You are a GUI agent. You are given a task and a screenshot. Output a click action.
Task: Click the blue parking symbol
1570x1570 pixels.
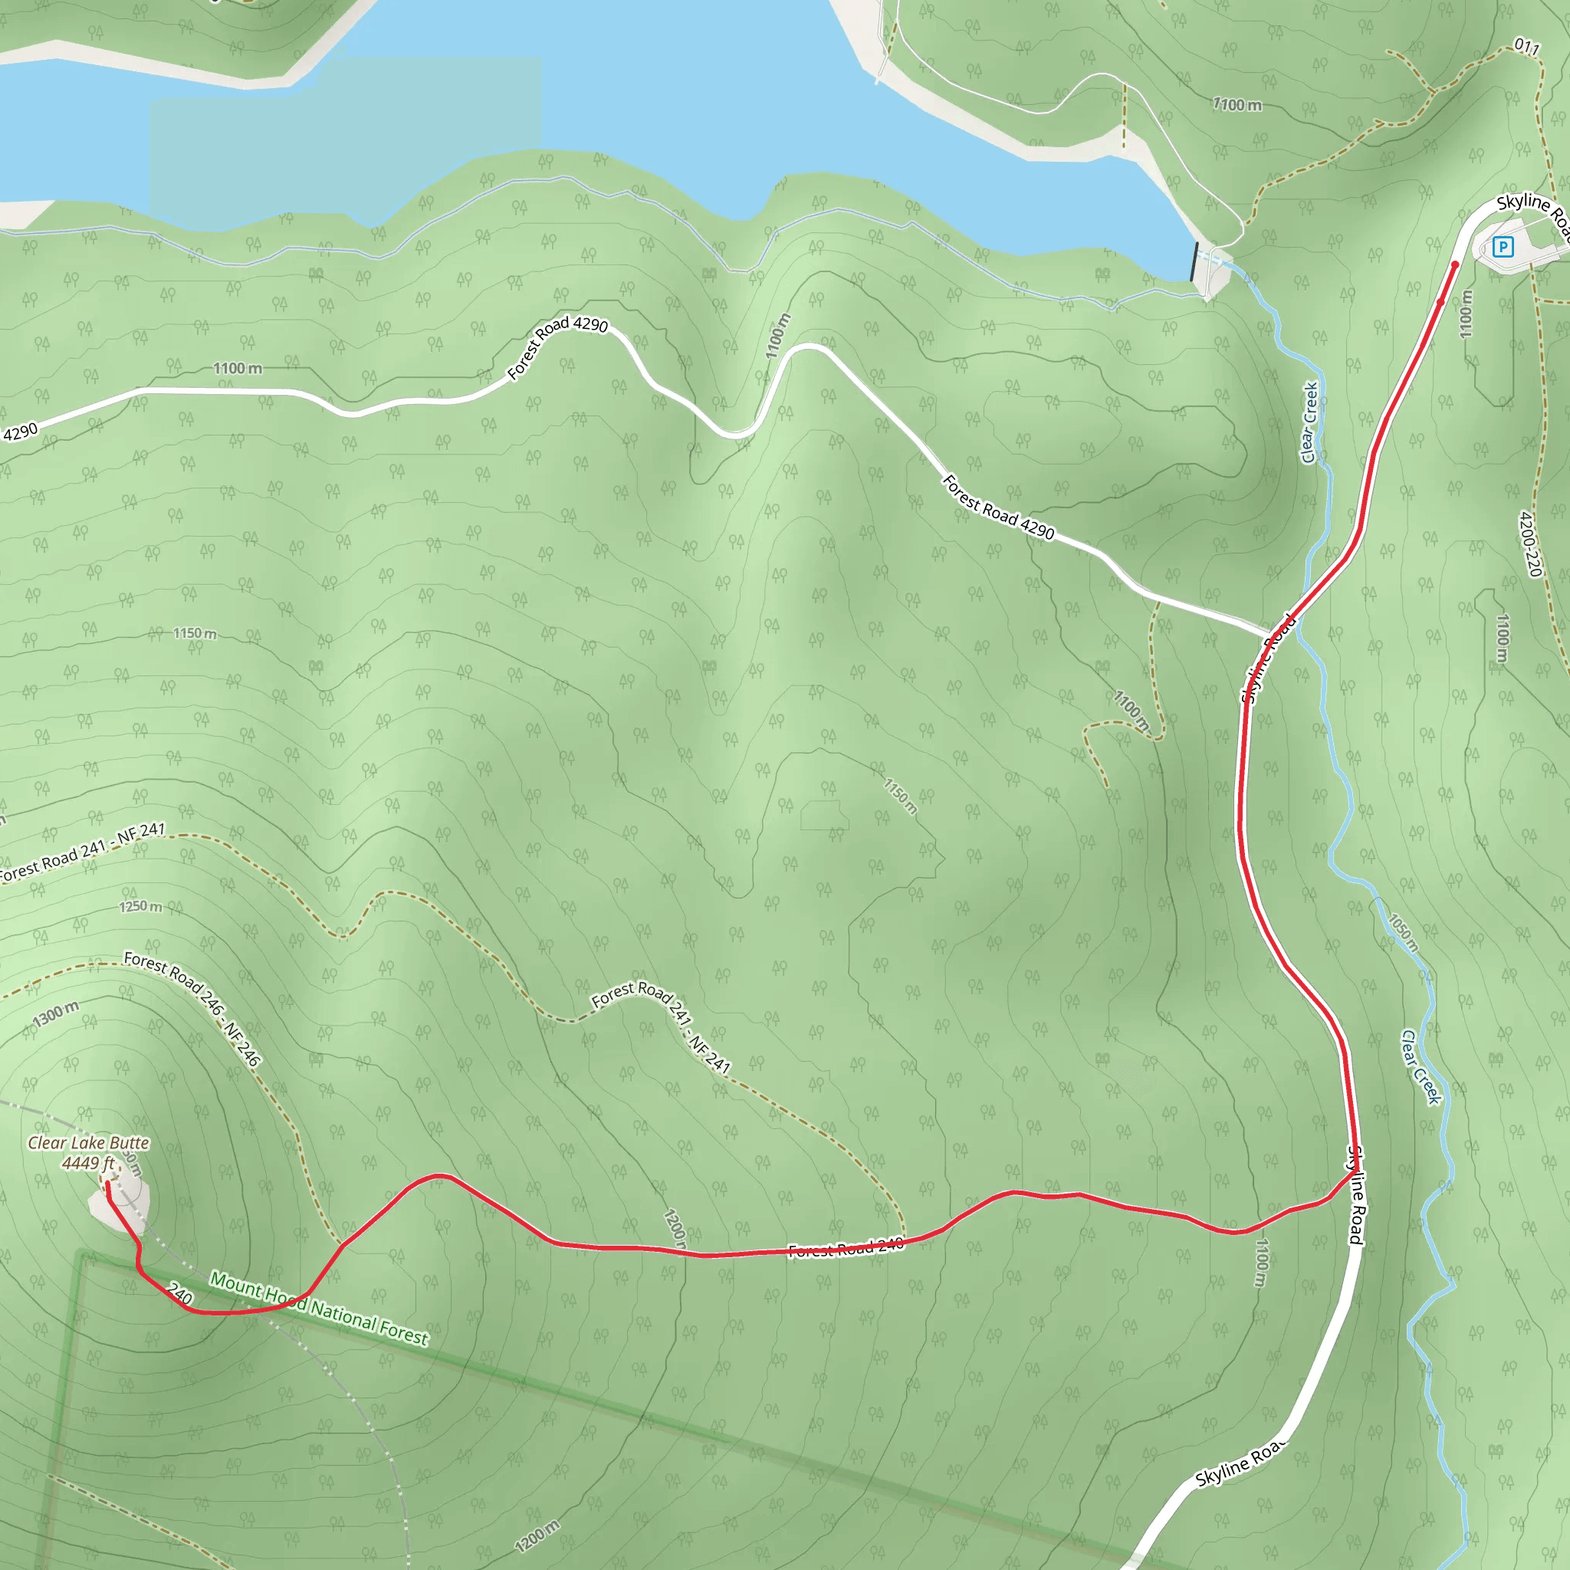coord(1503,247)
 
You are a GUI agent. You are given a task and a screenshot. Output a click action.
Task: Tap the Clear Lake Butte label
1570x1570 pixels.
coord(89,1142)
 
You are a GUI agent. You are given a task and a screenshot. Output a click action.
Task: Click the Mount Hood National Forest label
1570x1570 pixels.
coord(319,1309)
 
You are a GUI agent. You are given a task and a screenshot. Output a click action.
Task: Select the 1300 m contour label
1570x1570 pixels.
coord(56,1014)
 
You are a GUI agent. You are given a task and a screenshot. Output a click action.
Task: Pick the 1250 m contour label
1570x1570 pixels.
coord(140,906)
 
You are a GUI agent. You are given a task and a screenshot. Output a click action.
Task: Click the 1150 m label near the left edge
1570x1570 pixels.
coord(194,633)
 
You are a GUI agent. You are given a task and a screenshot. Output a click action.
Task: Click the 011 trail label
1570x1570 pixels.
coord(1527,47)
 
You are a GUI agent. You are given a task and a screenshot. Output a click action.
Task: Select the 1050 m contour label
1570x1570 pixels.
coord(1404,933)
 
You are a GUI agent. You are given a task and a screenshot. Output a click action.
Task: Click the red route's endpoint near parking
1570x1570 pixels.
coord(1454,264)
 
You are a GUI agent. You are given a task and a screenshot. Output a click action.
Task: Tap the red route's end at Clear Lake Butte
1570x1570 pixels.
coord(107,1184)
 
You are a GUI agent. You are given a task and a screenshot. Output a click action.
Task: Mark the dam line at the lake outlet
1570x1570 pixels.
coord(1194,261)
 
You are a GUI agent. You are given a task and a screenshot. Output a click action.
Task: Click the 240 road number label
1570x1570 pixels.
coord(179,1293)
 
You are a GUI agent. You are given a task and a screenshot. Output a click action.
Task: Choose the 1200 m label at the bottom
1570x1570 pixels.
coord(537,1536)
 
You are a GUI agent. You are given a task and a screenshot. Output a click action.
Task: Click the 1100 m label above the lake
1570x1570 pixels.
coord(1237,105)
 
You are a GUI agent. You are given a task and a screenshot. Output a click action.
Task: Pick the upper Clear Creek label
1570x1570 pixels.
coord(1309,422)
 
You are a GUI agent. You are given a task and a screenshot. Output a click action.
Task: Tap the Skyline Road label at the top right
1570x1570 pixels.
coord(1532,213)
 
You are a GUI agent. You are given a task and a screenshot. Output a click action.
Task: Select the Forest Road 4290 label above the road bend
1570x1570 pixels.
coord(557,347)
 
